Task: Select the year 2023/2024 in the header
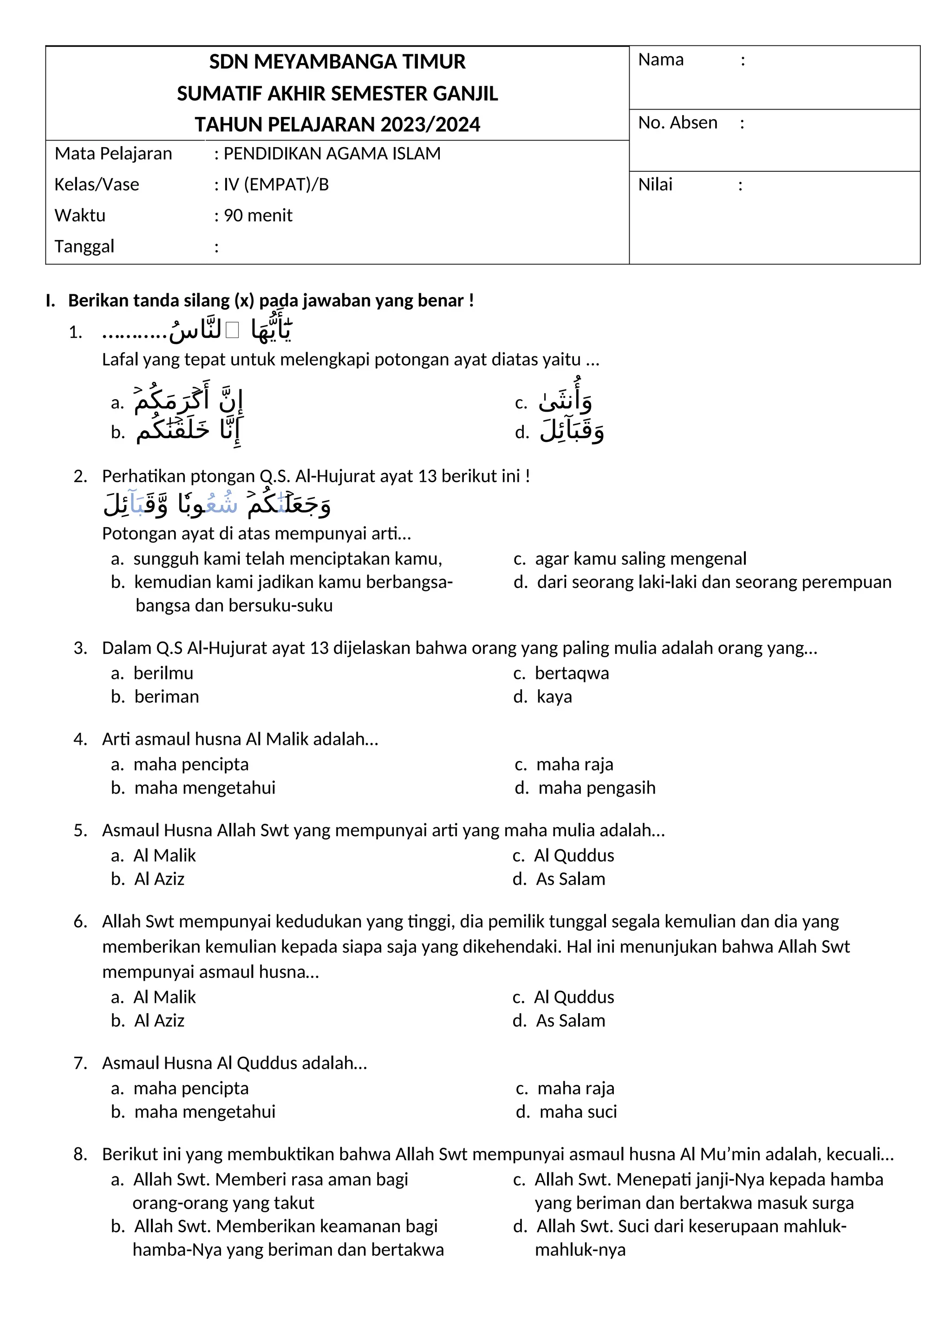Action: point(430,125)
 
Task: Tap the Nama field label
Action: point(661,60)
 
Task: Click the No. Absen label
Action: point(677,123)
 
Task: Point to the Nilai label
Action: point(655,185)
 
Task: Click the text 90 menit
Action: point(258,215)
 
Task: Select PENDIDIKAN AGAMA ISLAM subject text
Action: point(332,153)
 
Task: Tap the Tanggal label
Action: point(85,246)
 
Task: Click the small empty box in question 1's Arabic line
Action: point(233,331)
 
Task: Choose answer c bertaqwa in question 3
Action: point(572,673)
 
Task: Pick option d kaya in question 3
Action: point(554,697)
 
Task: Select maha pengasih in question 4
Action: point(596,788)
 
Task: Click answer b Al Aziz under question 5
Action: point(159,879)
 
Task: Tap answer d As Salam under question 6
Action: point(570,1021)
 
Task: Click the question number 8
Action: point(80,1154)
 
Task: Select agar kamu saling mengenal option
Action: point(640,558)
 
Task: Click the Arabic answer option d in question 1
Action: point(572,432)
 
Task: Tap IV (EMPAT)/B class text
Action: point(276,184)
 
